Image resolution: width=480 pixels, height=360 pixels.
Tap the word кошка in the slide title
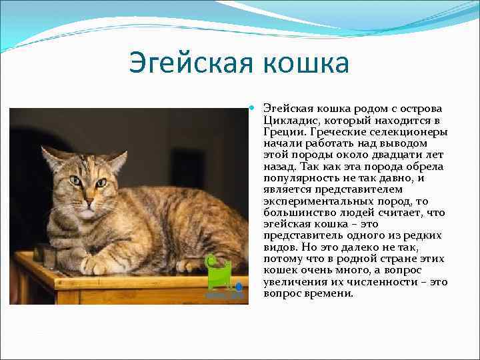point(305,63)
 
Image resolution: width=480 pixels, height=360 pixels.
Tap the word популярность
point(299,178)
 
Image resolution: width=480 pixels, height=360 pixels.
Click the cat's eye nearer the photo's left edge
point(75,180)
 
